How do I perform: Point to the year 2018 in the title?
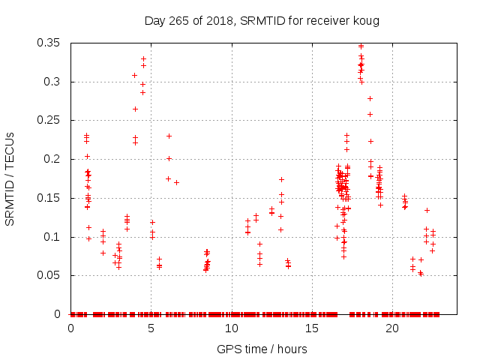(x=218, y=20)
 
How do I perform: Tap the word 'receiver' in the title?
(x=330, y=20)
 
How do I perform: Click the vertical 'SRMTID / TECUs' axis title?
(x=10, y=178)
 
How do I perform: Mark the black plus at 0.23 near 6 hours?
(x=169, y=136)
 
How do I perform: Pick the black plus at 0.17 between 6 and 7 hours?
(x=176, y=182)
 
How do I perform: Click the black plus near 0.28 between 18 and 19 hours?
(x=370, y=98)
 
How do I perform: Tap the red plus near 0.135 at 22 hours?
(x=427, y=210)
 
